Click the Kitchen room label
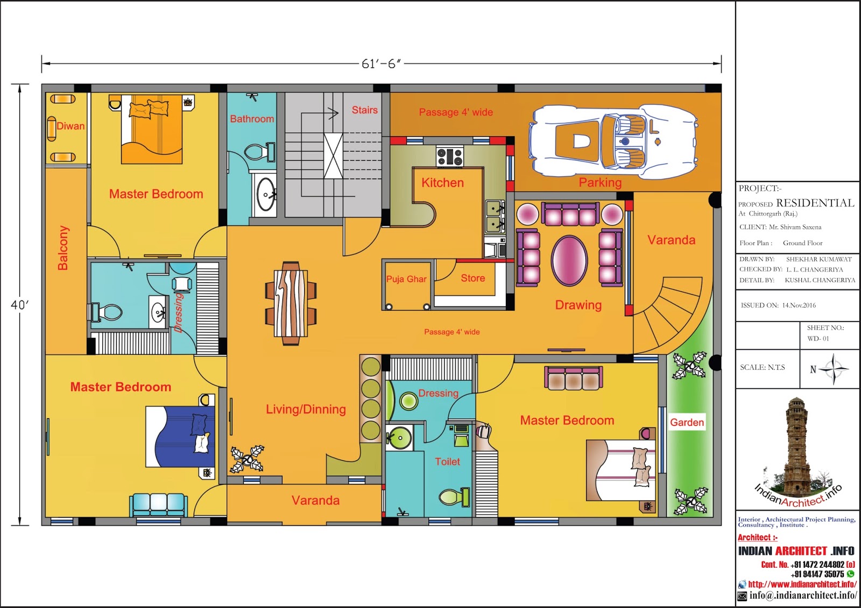(442, 182)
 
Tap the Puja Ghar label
(406, 279)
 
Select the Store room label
(473, 278)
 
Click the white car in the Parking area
(613, 142)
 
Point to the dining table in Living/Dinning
(291, 303)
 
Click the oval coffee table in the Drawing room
(569, 260)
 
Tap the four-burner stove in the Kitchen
(450, 156)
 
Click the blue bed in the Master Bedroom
(180, 437)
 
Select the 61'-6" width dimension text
(381, 64)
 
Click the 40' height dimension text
(19, 305)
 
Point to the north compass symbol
(833, 369)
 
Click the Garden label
(687, 422)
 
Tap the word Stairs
(364, 110)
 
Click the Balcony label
(63, 248)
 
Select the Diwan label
(70, 126)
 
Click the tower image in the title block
(797, 449)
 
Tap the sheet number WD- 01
(818, 338)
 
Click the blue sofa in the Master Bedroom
(158, 504)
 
